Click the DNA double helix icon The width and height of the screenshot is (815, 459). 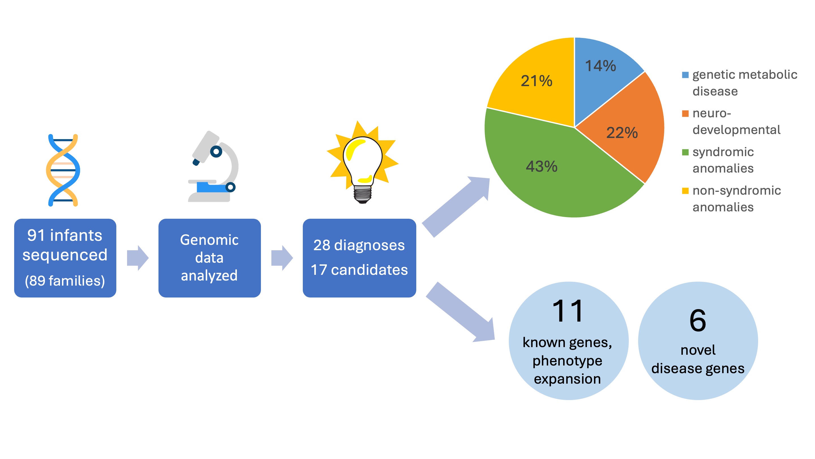click(63, 170)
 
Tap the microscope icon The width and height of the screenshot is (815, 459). click(213, 167)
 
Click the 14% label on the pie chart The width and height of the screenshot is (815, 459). click(600, 66)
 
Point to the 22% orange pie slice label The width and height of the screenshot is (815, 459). click(622, 132)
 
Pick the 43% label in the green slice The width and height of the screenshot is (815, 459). click(541, 166)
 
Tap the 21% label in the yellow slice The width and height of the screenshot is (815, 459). click(537, 81)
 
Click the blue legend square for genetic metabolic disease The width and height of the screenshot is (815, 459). click(685, 75)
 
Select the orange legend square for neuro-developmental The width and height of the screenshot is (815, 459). click(685, 114)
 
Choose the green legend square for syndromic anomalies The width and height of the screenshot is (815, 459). click(685, 152)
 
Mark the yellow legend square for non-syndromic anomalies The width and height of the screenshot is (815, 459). click(685, 191)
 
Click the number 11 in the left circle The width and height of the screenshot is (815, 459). click(568, 311)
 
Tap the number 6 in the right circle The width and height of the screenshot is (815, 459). click(698, 320)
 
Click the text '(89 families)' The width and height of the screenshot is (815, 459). click(65, 281)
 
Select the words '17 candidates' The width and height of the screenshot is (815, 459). click(359, 270)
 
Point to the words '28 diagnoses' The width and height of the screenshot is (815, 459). click(359, 245)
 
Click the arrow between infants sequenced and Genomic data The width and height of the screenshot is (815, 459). click(138, 258)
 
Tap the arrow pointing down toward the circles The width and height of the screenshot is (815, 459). click(461, 312)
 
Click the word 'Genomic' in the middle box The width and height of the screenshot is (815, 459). click(209, 240)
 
